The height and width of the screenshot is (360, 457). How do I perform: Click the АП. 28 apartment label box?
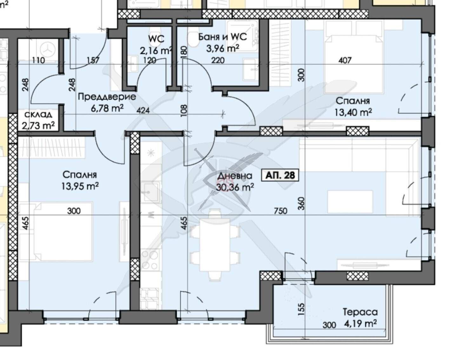click(280, 175)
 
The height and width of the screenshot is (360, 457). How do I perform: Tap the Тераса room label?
click(360, 312)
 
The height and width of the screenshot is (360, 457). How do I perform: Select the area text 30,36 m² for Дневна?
click(235, 187)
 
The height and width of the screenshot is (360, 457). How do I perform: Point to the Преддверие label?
click(107, 97)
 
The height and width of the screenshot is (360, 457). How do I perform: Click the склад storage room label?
click(38, 115)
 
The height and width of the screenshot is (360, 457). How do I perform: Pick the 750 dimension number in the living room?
click(281, 211)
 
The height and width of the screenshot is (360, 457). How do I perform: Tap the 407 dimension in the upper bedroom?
click(345, 60)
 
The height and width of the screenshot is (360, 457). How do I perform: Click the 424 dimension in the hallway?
click(143, 110)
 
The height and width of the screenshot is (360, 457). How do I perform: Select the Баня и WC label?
click(222, 37)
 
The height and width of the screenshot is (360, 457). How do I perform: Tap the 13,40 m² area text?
click(353, 112)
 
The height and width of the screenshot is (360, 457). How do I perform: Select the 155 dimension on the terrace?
click(301, 309)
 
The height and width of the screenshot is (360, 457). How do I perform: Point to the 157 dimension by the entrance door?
click(93, 60)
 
